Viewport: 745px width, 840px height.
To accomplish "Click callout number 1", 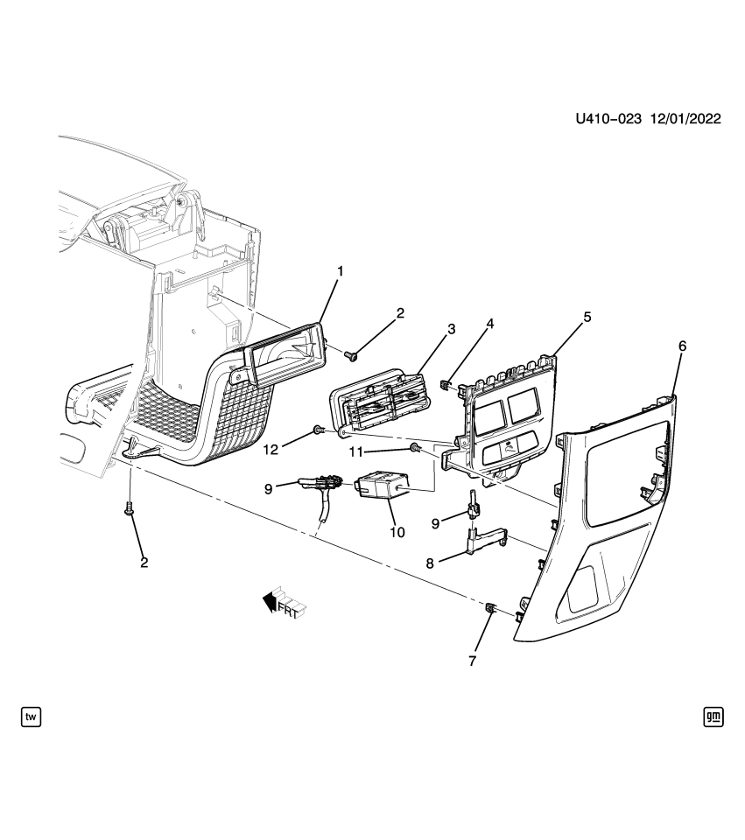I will click(x=341, y=271).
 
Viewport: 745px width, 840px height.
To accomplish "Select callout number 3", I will click(x=451, y=329).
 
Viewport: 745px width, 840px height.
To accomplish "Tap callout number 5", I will click(x=587, y=316).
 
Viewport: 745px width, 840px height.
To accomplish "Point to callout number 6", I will click(x=682, y=346).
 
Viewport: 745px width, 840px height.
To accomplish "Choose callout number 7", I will click(x=473, y=661).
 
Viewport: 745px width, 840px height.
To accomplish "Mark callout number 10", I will click(x=397, y=531).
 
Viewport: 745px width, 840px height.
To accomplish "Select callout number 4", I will click(x=491, y=324).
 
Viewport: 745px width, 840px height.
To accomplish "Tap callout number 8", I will click(x=430, y=564).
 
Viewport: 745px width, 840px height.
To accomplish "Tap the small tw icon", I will click(x=31, y=717).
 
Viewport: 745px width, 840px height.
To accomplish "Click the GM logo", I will click(x=713, y=717).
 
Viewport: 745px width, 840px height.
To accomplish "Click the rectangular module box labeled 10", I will click(x=382, y=486).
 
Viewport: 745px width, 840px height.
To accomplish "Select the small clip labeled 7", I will click(x=492, y=607).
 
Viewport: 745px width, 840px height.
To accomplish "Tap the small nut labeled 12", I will click(x=318, y=430).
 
